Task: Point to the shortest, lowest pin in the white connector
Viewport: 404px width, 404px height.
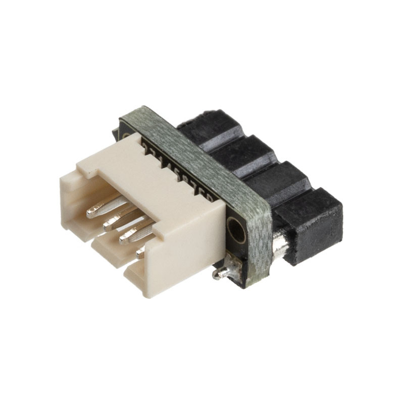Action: (140, 252)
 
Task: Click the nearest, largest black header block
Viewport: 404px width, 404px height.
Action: (311, 222)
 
